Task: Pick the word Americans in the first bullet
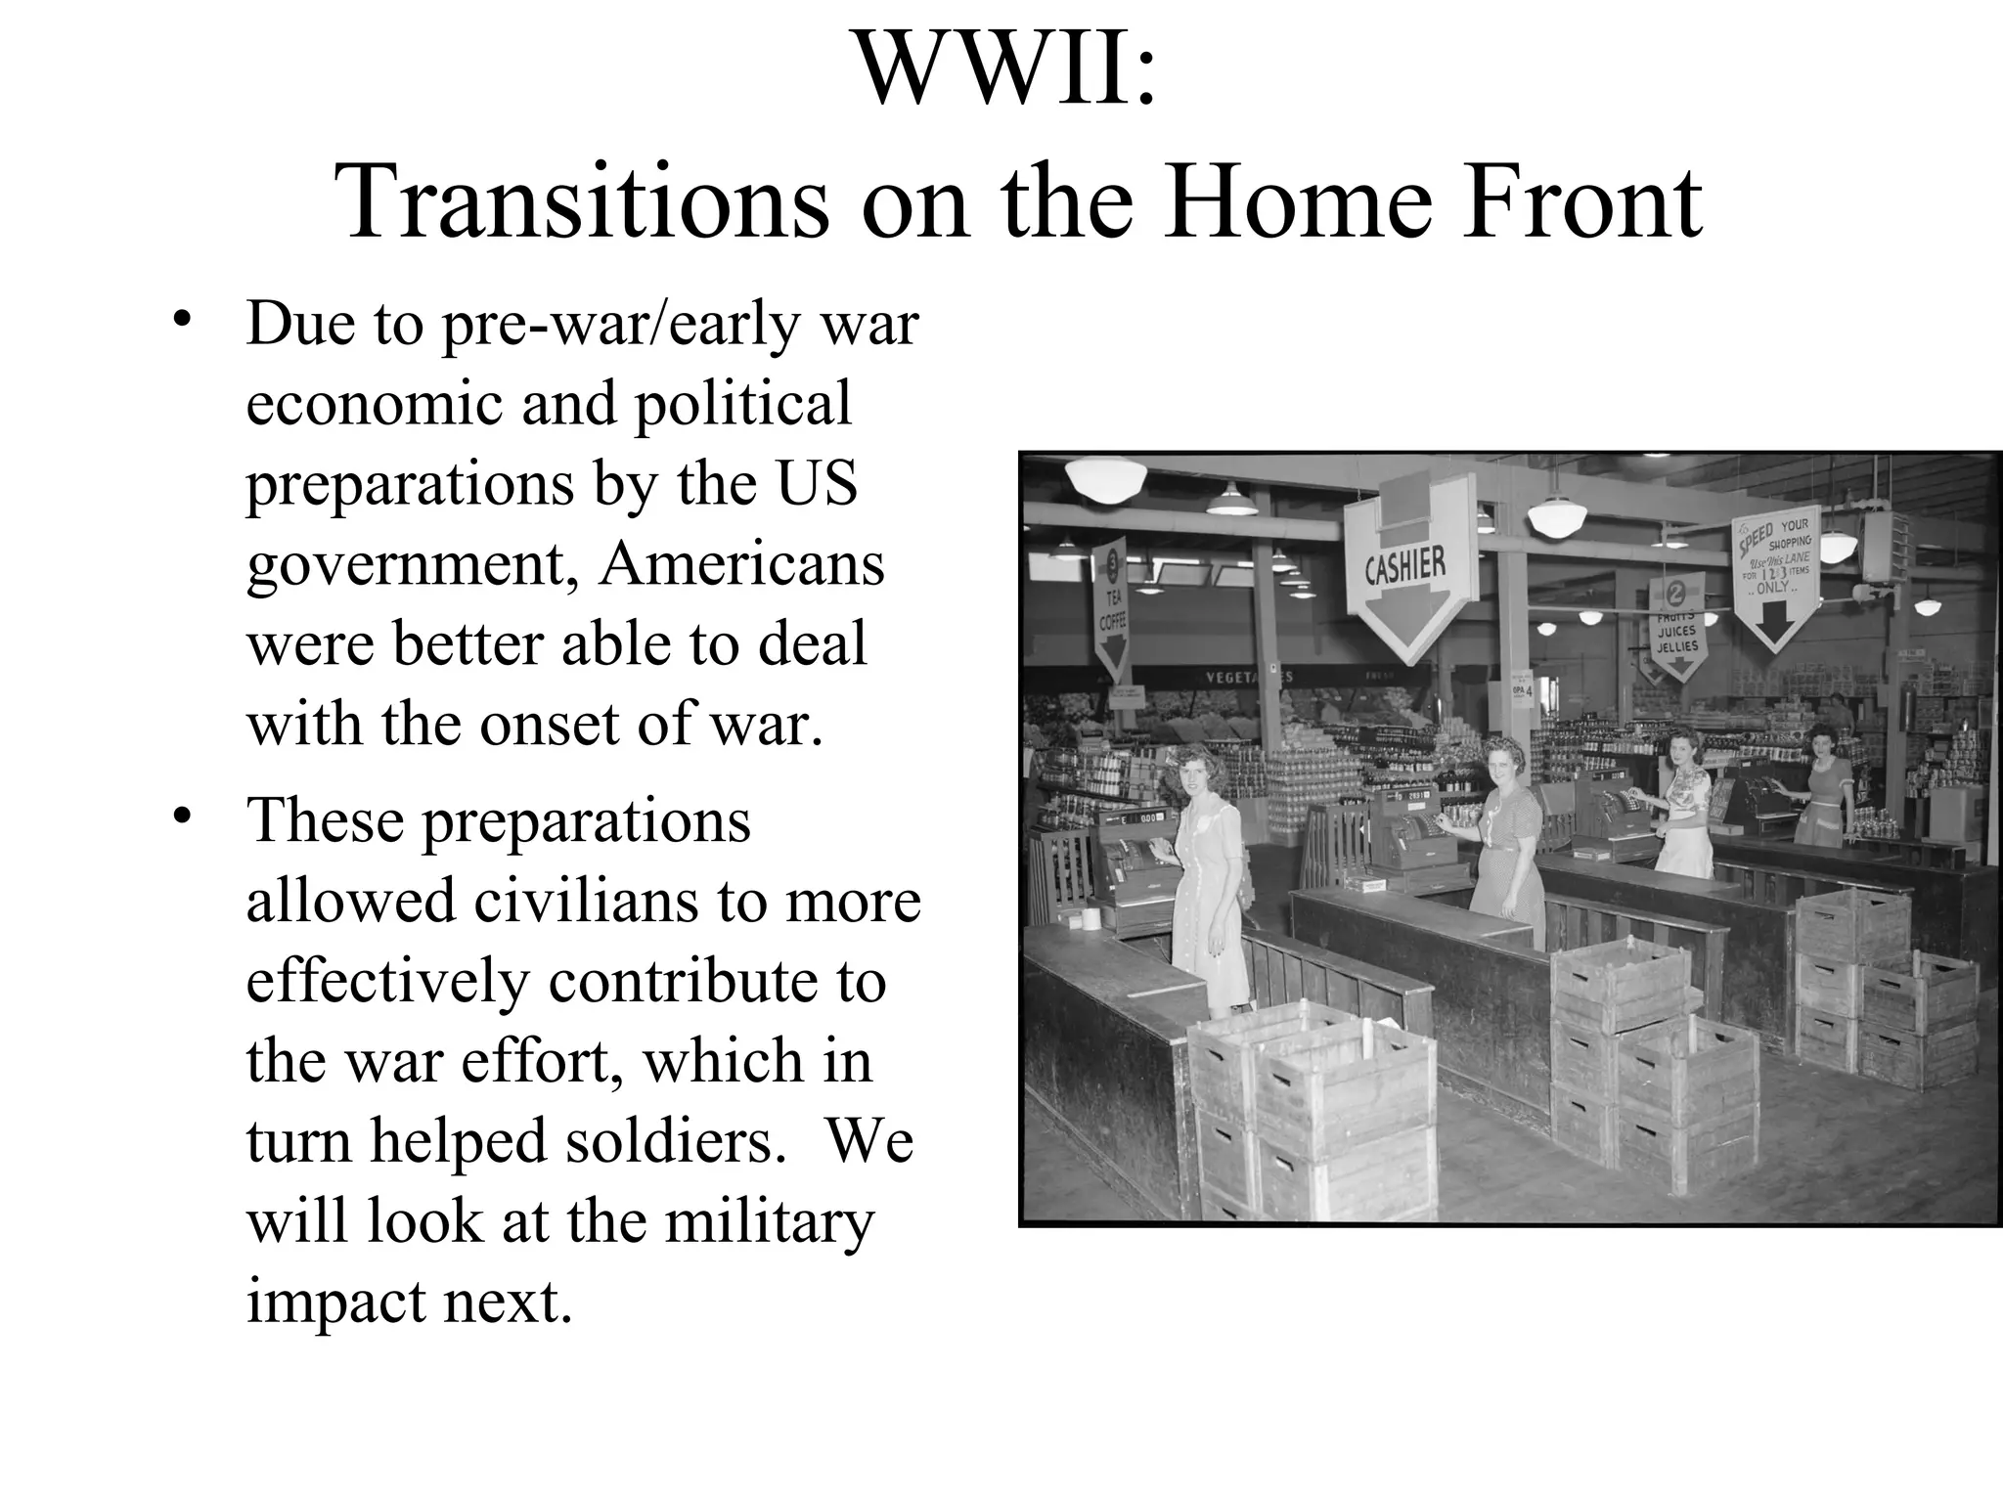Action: pos(740,563)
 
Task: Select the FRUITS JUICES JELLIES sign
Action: pos(1676,626)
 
